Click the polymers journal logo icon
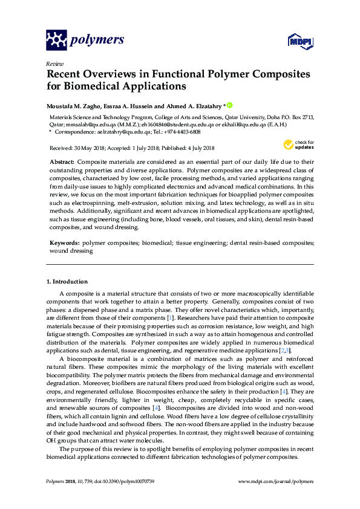pos(57,41)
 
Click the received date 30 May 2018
pos(94,148)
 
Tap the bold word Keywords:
pos(65,242)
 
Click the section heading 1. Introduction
pos(67,282)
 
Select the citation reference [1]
pos(171,317)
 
